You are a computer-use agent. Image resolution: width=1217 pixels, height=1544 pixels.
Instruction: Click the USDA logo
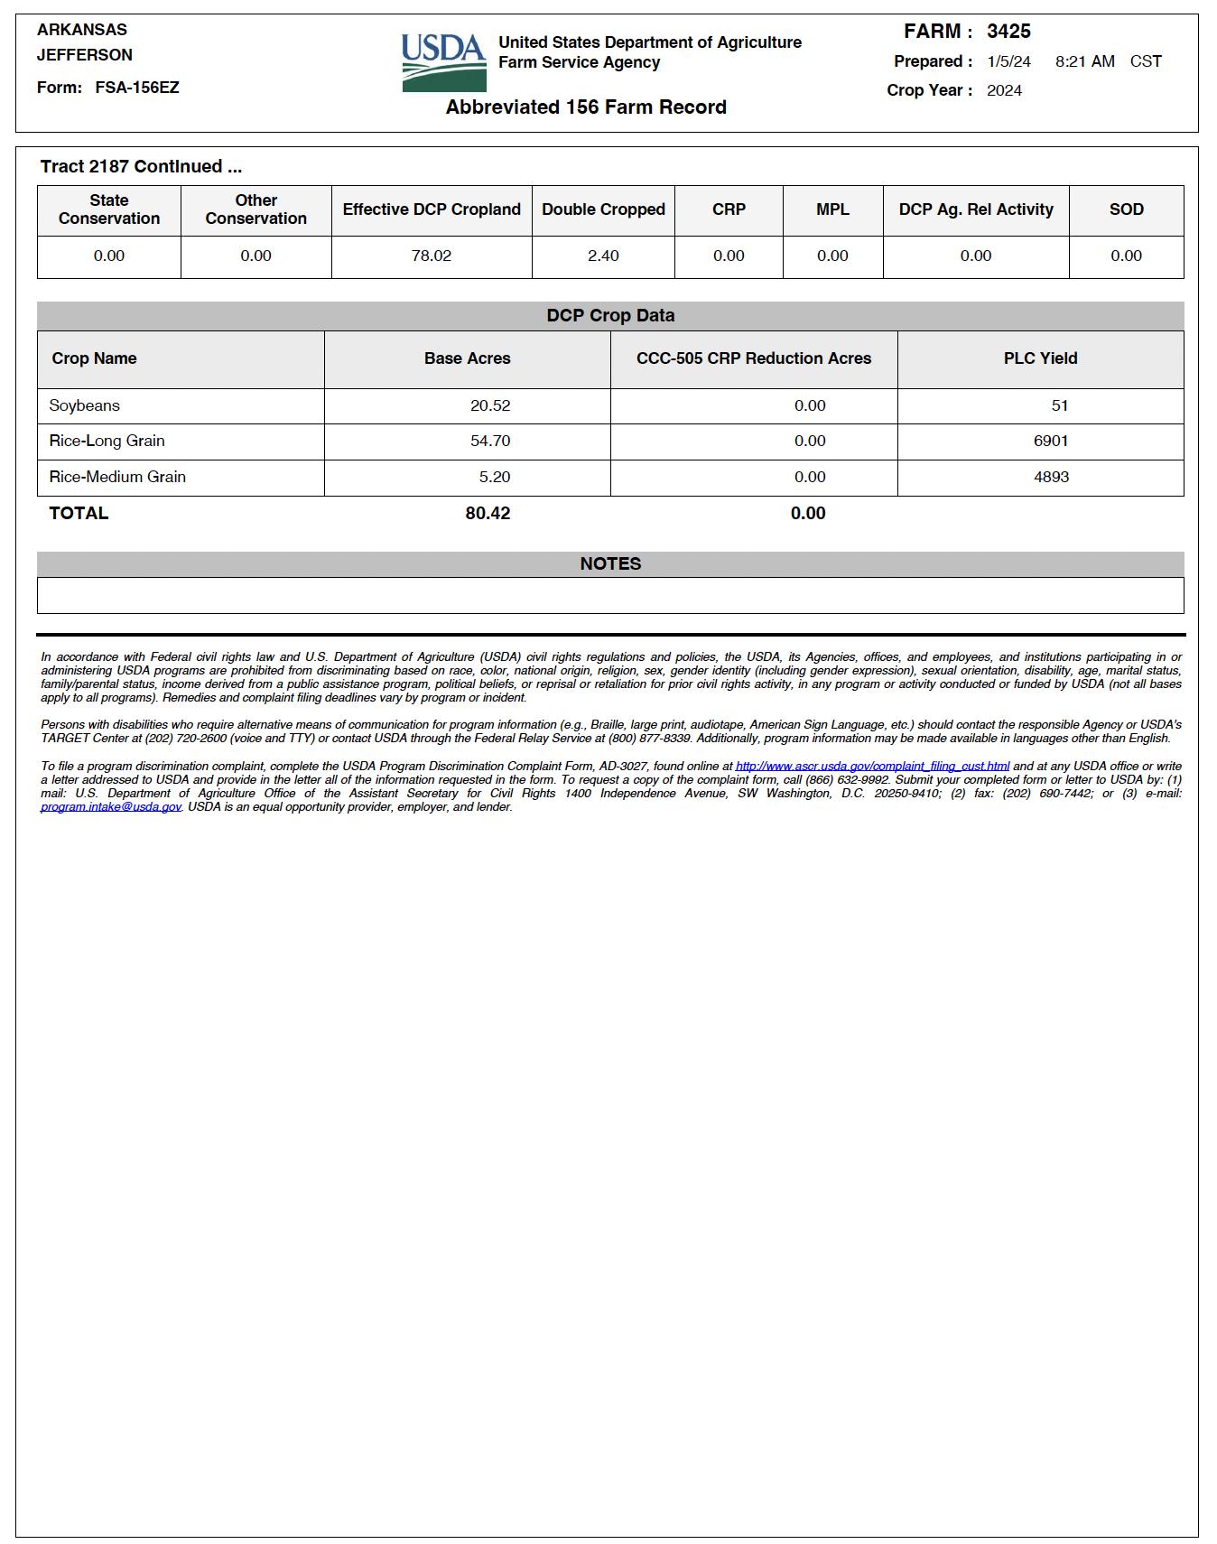pyautogui.click(x=443, y=62)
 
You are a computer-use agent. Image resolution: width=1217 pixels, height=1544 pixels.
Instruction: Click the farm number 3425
pyautogui.click(x=1008, y=32)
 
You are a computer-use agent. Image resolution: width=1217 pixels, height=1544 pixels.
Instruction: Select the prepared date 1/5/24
pyautogui.click(x=1008, y=61)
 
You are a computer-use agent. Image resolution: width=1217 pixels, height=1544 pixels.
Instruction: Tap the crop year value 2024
pyautogui.click(x=1004, y=90)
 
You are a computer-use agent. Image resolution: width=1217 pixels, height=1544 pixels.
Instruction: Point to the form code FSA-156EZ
pyautogui.click(x=137, y=88)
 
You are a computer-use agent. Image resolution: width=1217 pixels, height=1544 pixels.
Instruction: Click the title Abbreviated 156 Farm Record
pyautogui.click(x=586, y=107)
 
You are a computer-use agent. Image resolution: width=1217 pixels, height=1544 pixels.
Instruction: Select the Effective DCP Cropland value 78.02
pyautogui.click(x=432, y=256)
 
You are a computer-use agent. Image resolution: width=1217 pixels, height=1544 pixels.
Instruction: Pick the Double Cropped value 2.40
pyautogui.click(x=603, y=256)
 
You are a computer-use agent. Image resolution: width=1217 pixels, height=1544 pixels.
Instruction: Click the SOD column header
pyautogui.click(x=1126, y=209)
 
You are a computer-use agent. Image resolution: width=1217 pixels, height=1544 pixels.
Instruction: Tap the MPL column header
pyautogui.click(x=832, y=209)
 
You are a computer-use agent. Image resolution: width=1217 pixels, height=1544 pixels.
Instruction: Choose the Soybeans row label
pyautogui.click(x=85, y=406)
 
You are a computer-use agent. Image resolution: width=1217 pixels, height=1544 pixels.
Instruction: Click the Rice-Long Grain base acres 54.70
pyautogui.click(x=490, y=442)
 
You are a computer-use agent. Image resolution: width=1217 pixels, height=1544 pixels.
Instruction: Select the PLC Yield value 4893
pyautogui.click(x=1051, y=477)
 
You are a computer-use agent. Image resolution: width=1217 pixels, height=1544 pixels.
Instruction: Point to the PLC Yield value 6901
pyautogui.click(x=1051, y=442)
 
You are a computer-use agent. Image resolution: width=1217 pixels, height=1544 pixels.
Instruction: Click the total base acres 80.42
pyautogui.click(x=488, y=514)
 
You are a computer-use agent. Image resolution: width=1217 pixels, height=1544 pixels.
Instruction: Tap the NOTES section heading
pyautogui.click(x=610, y=564)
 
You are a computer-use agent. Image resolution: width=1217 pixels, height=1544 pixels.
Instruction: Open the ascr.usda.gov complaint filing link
pyautogui.click(x=872, y=767)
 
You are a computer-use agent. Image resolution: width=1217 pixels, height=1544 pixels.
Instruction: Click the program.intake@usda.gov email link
pyautogui.click(x=111, y=807)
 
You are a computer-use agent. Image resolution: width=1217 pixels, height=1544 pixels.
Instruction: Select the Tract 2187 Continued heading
pyautogui.click(x=141, y=167)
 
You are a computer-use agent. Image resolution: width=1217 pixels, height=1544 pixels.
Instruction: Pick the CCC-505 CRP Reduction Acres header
pyautogui.click(x=754, y=358)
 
